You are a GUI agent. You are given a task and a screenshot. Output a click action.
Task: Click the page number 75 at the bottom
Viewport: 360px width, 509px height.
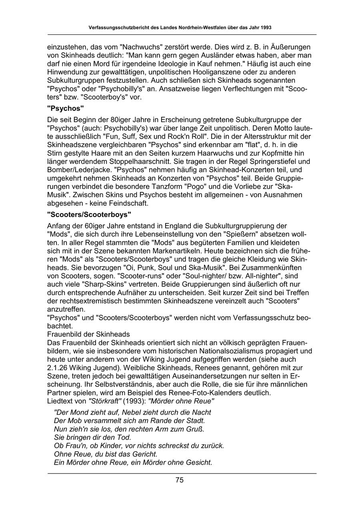(180, 480)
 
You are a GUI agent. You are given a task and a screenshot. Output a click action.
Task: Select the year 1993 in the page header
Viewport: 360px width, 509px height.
(265, 28)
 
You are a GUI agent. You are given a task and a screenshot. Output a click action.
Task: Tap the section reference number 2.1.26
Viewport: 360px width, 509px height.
(59, 367)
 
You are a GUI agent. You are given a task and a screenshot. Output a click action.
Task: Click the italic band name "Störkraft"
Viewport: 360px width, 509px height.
(105, 401)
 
